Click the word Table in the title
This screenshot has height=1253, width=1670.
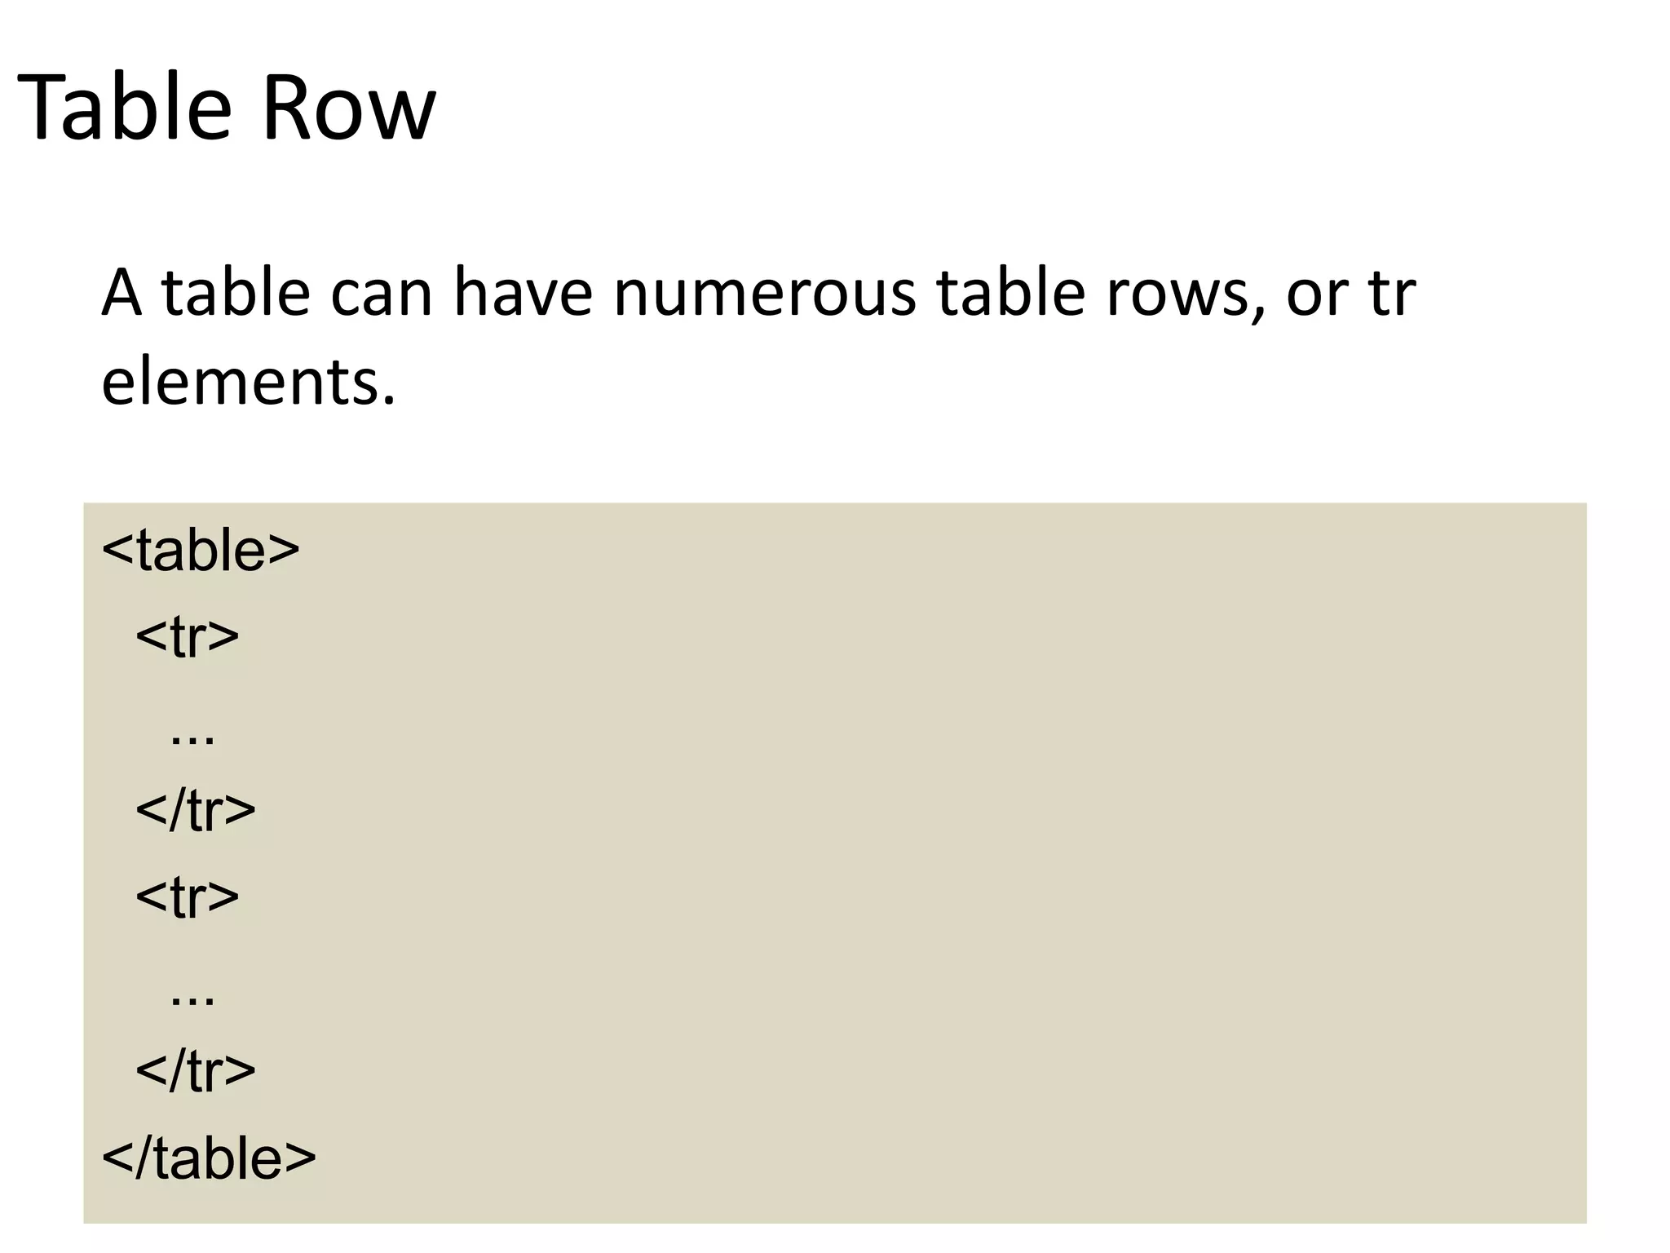[x=122, y=107]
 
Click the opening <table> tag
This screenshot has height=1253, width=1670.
[x=201, y=551]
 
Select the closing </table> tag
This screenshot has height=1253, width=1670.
[x=209, y=1158]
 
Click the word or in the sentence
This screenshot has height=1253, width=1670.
[x=1314, y=295]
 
